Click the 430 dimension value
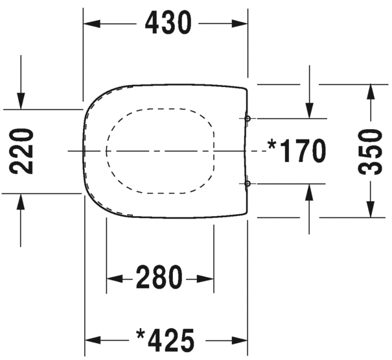point(168,23)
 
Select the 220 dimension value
point(21,152)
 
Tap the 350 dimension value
point(371,152)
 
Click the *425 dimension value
point(165,341)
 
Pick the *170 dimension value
point(297,151)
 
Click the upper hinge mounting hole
point(248,119)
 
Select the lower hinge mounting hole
point(248,184)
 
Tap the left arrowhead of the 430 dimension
point(92,24)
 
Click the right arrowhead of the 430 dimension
point(240,24)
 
